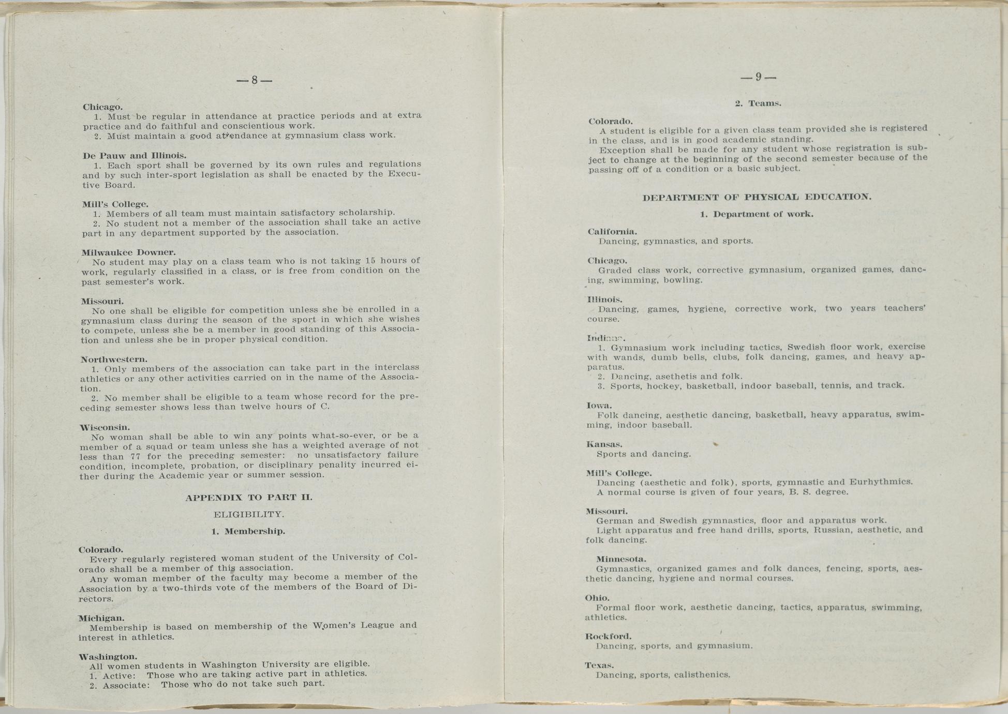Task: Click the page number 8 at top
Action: pyautogui.click(x=254, y=80)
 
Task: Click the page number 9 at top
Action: pyautogui.click(x=759, y=78)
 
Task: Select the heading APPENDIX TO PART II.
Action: pyautogui.click(x=249, y=498)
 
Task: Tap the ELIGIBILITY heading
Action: pyautogui.click(x=249, y=514)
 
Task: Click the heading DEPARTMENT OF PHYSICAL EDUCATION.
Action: pyautogui.click(x=757, y=197)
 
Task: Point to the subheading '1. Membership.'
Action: pyautogui.click(x=248, y=531)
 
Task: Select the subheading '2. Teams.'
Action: pyautogui.click(x=758, y=103)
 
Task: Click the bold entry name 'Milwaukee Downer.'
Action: pyautogui.click(x=129, y=252)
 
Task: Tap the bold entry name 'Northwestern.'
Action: pyautogui.click(x=114, y=359)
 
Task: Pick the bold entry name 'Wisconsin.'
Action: pyautogui.click(x=104, y=427)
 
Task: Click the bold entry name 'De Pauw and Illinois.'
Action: pyautogui.click(x=135, y=155)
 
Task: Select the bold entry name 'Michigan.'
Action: pyautogui.click(x=101, y=618)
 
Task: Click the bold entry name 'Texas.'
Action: pyautogui.click(x=599, y=665)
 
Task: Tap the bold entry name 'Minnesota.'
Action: pyautogui.click(x=621, y=559)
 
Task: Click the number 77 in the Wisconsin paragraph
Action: pyautogui.click(x=136, y=456)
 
